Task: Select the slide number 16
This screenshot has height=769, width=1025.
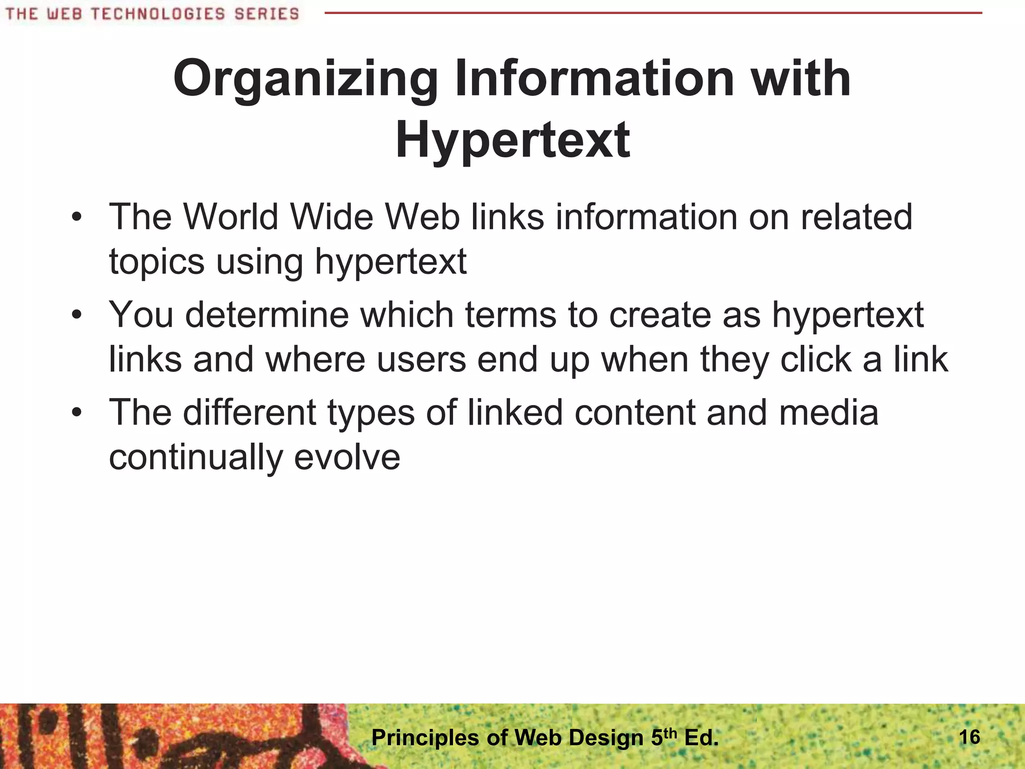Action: pyautogui.click(x=969, y=737)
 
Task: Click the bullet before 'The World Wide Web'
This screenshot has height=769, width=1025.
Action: pyautogui.click(x=76, y=218)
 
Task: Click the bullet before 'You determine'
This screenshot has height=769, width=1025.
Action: pyautogui.click(x=76, y=315)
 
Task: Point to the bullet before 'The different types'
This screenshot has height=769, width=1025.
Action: pyautogui.click(x=76, y=413)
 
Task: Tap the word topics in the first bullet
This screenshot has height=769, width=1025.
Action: pyautogui.click(x=157, y=262)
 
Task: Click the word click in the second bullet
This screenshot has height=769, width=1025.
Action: pyautogui.click(x=816, y=359)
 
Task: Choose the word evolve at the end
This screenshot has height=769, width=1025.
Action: pyautogui.click(x=347, y=457)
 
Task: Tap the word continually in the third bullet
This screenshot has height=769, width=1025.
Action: pyautogui.click(x=196, y=458)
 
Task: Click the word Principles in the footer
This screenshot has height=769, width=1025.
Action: pyautogui.click(x=425, y=738)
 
